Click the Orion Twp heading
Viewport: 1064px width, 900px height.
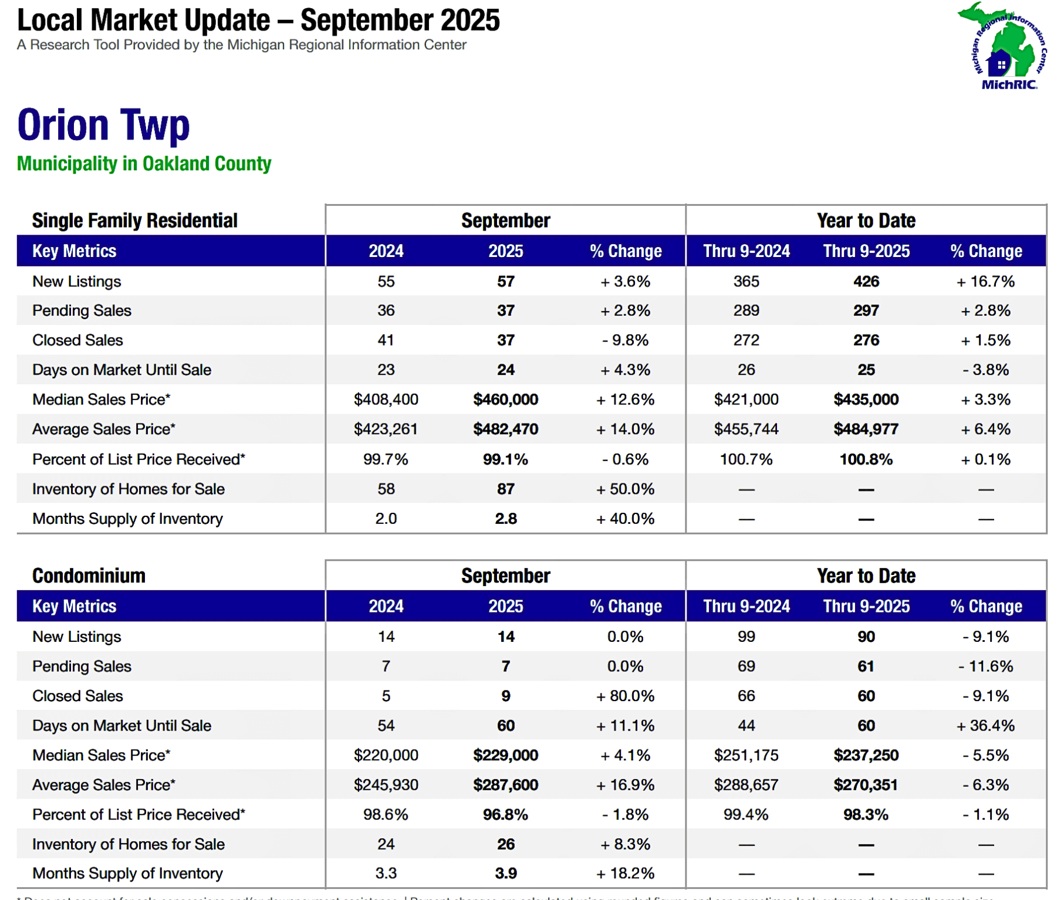pyautogui.click(x=103, y=125)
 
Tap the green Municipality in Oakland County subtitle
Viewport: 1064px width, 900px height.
pyautogui.click(x=144, y=164)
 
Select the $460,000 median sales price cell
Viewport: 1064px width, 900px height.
pyautogui.click(x=505, y=400)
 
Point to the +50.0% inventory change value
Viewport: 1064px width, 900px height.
pyautogui.click(x=625, y=489)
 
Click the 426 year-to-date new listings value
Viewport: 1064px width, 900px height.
pyautogui.click(x=866, y=282)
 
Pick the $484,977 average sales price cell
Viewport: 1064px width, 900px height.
pyautogui.click(x=866, y=429)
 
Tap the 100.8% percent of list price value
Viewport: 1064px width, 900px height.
pyautogui.click(x=866, y=459)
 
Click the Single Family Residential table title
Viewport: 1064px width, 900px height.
pyautogui.click(x=134, y=221)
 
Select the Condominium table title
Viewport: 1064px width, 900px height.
pyautogui.click(x=89, y=576)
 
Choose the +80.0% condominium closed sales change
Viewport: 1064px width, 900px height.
pyautogui.click(x=625, y=696)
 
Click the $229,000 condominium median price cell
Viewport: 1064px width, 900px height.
pyautogui.click(x=505, y=755)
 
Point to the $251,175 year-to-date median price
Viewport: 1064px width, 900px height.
pyautogui.click(x=746, y=755)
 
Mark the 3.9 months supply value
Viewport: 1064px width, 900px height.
pyautogui.click(x=505, y=874)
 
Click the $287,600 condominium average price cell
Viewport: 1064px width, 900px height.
pyautogui.click(x=505, y=785)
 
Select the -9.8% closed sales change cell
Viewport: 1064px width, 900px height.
pyautogui.click(x=625, y=340)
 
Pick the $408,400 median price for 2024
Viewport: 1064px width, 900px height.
pyautogui.click(x=386, y=400)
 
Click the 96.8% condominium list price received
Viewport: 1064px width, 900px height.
pyautogui.click(x=505, y=814)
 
